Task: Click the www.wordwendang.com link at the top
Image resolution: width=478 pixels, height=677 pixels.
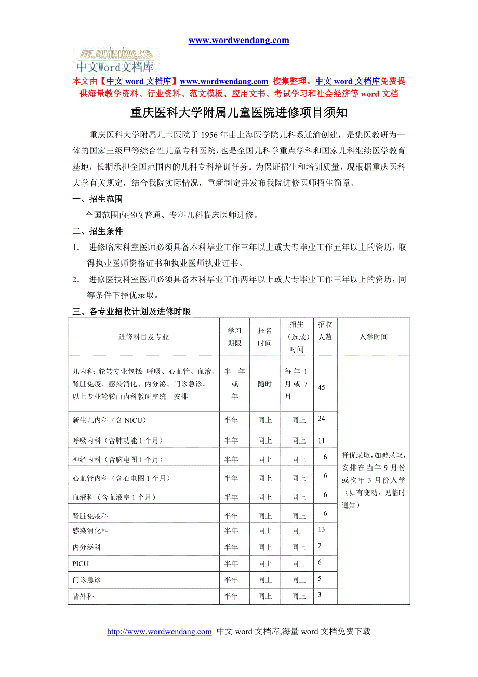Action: pos(238,41)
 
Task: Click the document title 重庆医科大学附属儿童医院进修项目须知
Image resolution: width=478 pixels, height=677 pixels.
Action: pos(238,112)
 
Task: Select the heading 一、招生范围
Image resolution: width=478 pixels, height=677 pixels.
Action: pos(98,199)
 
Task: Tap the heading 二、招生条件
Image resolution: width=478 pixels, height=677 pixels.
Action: pos(98,231)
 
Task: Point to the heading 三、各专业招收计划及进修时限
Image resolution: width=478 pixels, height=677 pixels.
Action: pos(131,311)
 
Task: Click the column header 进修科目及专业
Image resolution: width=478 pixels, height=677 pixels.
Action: pos(143,337)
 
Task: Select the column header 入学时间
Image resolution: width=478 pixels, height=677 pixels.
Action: pos(373,337)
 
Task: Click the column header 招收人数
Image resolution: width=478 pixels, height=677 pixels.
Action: pos(325,331)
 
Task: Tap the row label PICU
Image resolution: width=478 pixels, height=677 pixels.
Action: pos(81,564)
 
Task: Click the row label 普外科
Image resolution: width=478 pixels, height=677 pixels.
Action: pos(83,596)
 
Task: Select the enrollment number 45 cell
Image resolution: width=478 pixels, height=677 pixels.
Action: pos(322,388)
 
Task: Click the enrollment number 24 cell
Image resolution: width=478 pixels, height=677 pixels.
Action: pos(322,419)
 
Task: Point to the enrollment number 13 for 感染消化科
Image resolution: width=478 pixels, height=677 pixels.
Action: pos(322,529)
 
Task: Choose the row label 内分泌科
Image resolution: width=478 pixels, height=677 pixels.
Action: pos(87,548)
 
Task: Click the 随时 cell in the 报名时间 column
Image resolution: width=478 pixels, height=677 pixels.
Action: pos(265,384)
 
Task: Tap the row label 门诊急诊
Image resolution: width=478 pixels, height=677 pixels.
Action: pos(87,580)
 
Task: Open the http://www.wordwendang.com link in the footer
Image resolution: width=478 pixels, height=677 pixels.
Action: pos(160,632)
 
